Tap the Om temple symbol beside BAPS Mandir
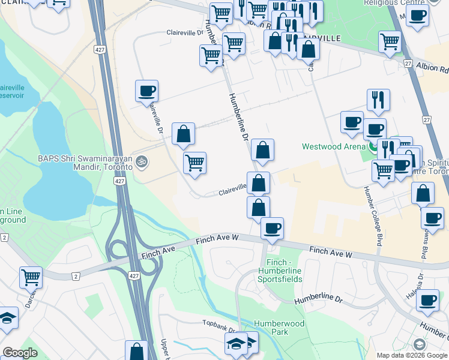pyautogui.click(x=142, y=161)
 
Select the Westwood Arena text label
pyautogui.click(x=333, y=146)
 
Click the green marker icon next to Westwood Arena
pyautogui.click(x=374, y=146)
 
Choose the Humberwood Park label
pyautogui.click(x=279, y=328)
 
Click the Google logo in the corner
pyautogui.click(x=20, y=353)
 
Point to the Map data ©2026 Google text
pyautogui.click(x=411, y=355)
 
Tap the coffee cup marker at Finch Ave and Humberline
pyautogui.click(x=273, y=228)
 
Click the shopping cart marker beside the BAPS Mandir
pyautogui.click(x=194, y=163)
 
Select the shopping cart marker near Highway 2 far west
pyautogui.click(x=31, y=277)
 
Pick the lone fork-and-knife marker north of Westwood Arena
pyautogui.click(x=378, y=100)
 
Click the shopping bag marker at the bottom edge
pyautogui.click(x=136, y=350)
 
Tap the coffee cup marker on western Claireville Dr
pyautogui.click(x=146, y=91)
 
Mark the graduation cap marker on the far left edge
pyautogui.click(x=7, y=318)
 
